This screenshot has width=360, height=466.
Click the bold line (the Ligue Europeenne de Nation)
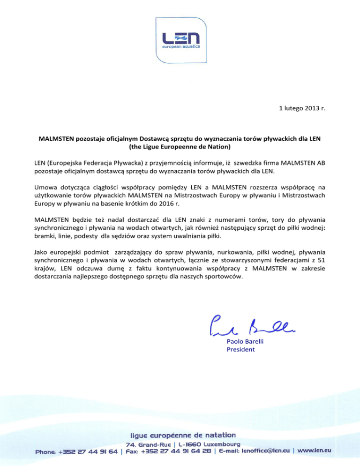(x=180, y=148)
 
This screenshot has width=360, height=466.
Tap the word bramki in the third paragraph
(x=45, y=237)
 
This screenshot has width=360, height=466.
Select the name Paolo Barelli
(x=246, y=341)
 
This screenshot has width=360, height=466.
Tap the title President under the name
(x=240, y=349)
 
